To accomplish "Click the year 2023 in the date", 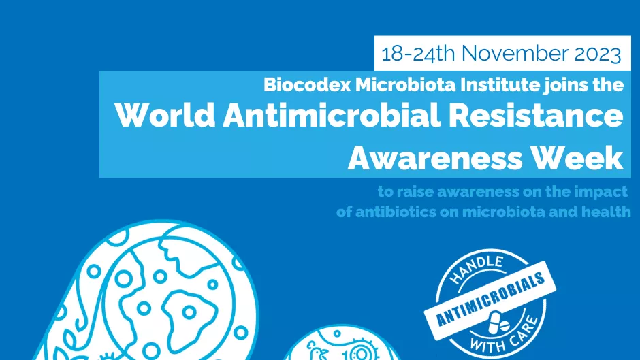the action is pyautogui.click(x=598, y=54).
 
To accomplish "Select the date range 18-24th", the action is pyautogui.click(x=418, y=54).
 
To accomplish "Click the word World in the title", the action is pyautogui.click(x=165, y=115).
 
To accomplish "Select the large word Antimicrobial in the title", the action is pyautogui.click(x=332, y=115).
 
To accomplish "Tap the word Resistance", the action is pyautogui.click(x=536, y=115).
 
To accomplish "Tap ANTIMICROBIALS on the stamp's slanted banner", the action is pyautogui.click(x=490, y=299).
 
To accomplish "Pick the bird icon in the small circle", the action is pyautogui.click(x=317, y=351).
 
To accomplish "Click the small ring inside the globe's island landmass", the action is pyautogui.click(x=189, y=312).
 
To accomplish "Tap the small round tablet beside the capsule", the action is pyautogui.click(x=505, y=326).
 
